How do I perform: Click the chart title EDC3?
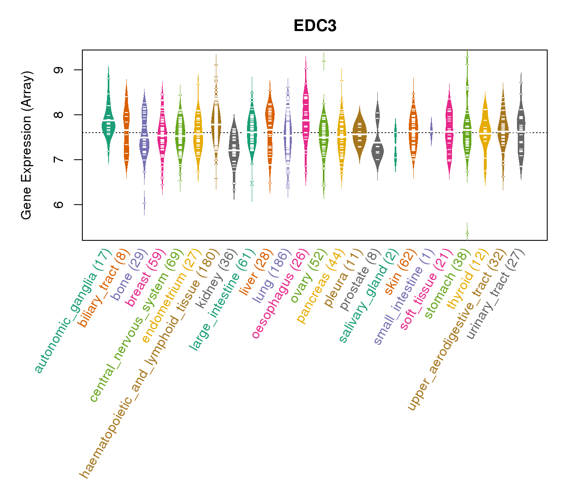315,26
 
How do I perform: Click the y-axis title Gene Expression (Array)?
27,145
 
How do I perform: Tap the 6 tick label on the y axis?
59,204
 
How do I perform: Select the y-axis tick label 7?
59,160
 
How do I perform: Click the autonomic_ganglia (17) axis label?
73,311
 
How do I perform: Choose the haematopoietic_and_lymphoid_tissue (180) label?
149,363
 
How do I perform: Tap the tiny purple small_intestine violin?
431,131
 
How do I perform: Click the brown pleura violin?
360,133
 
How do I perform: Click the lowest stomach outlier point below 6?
467,233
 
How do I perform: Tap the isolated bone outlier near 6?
144,204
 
